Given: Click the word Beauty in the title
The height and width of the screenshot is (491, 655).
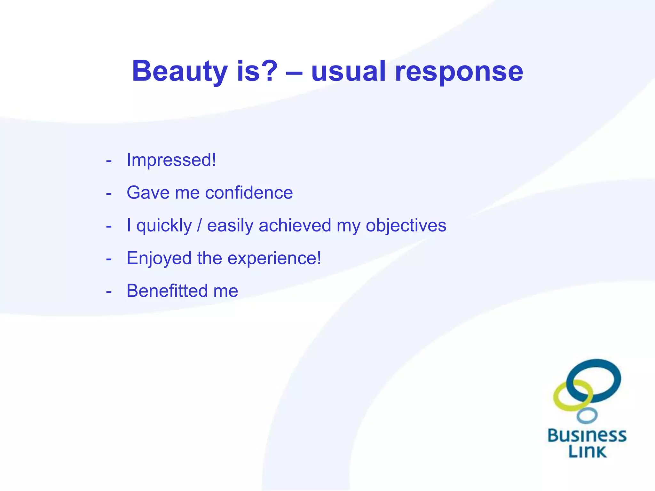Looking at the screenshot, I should click(180, 71).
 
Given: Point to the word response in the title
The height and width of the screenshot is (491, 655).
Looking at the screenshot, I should click(459, 72).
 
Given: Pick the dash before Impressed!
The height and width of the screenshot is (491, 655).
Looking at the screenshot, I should click(109, 161).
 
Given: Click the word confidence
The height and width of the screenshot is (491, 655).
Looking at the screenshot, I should click(249, 193).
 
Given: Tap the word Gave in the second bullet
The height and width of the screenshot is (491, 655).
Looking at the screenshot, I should click(148, 193).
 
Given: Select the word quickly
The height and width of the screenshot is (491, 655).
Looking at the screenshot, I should click(164, 226).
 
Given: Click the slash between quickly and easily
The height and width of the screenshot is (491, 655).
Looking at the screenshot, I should click(200, 225).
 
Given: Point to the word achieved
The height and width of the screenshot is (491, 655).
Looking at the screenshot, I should click(295, 225).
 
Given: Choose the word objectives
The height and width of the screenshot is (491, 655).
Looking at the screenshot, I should click(406, 226).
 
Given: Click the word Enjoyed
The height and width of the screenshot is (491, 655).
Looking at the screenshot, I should click(159, 259).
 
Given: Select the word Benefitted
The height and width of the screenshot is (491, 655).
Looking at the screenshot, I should click(167, 291).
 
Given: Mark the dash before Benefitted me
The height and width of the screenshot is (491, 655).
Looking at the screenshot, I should click(109, 292).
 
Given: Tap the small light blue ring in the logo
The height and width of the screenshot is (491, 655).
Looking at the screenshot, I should click(587, 416).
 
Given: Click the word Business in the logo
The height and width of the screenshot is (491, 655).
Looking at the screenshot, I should click(587, 435).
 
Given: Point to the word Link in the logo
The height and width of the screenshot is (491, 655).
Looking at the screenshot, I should click(587, 451).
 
